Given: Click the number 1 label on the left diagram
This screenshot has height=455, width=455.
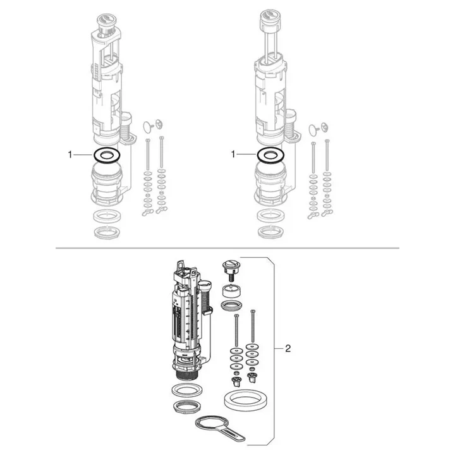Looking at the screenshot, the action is pos(70,155).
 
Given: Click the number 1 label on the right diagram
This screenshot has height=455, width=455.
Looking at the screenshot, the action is pos(233,154).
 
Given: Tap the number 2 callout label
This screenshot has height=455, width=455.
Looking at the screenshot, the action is pos(288,348).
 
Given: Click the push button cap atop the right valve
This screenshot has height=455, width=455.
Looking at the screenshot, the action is pos(270,18).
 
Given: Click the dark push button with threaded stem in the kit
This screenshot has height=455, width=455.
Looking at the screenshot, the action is pos(231,269).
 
